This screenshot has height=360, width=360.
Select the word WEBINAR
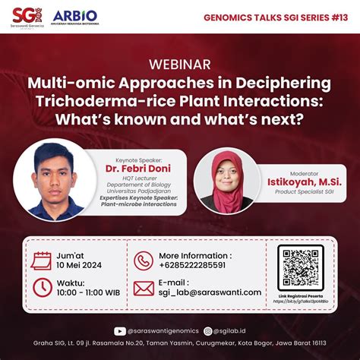[180, 65]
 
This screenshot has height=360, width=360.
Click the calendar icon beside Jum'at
[42, 261]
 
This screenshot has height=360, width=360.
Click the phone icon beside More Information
[144, 261]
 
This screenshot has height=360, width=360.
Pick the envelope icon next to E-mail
[144, 288]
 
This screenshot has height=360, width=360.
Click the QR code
[300, 265]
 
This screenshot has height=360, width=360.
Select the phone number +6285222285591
[193, 265]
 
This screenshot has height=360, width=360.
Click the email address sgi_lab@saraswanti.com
[210, 292]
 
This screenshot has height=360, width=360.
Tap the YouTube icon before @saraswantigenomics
[119, 331]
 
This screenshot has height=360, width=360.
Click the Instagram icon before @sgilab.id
[208, 331]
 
